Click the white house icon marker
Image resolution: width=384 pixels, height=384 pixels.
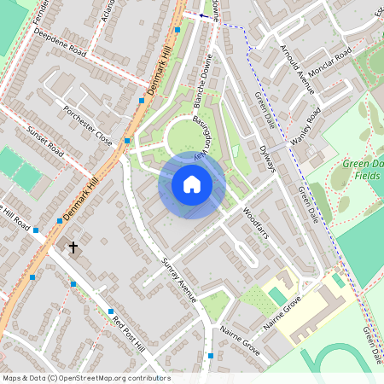[192, 183]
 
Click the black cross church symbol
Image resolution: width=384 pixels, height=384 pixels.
[73, 247]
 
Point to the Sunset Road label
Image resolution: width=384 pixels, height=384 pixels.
[45, 143]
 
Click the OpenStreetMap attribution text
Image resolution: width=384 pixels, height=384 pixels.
[85, 378]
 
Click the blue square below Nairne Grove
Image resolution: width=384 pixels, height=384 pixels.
[210, 355]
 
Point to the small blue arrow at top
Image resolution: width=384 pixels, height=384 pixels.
[203, 15]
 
